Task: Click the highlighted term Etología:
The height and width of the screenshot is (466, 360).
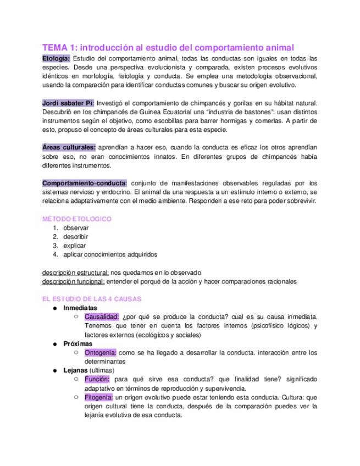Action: [56, 58]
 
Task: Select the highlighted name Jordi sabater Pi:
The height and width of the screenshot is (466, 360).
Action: [68, 103]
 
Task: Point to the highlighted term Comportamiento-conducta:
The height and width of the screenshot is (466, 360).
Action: [85, 183]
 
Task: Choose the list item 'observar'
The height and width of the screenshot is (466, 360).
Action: [75, 228]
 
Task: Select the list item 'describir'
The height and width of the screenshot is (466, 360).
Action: [75, 237]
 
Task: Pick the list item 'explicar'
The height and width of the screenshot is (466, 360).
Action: [74, 246]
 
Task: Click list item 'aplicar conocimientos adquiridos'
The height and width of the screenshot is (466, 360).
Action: [110, 254]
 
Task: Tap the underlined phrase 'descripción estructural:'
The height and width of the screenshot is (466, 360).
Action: [75, 273]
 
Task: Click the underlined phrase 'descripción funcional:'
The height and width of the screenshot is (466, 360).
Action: [73, 281]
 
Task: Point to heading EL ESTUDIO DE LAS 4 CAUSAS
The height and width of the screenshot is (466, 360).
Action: [92, 299]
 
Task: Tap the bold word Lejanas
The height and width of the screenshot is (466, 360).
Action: [75, 370]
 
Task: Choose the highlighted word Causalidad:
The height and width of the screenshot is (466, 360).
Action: [102, 317]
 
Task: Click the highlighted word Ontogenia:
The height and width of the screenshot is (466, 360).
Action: [101, 353]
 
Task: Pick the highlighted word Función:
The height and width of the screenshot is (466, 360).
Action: [97, 379]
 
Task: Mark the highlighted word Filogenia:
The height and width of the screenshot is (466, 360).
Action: [99, 397]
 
